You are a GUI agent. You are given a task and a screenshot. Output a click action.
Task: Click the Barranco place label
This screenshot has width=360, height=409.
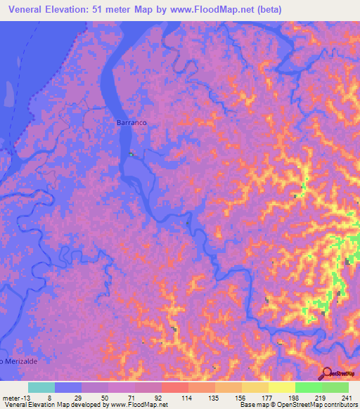point(130,122)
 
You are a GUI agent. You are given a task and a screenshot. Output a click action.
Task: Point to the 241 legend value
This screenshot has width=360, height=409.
point(345,397)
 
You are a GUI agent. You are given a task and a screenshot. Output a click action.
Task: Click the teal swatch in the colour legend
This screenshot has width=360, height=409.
point(41,387)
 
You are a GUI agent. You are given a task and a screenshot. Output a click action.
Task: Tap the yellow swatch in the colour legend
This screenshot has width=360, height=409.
point(281,387)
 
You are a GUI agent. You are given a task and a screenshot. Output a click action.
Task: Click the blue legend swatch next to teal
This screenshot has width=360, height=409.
point(68,387)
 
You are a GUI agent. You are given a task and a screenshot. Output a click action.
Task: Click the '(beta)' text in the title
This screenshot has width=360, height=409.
point(267,9)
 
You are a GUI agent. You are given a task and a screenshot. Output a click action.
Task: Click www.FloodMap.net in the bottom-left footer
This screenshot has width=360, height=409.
point(139,404)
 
